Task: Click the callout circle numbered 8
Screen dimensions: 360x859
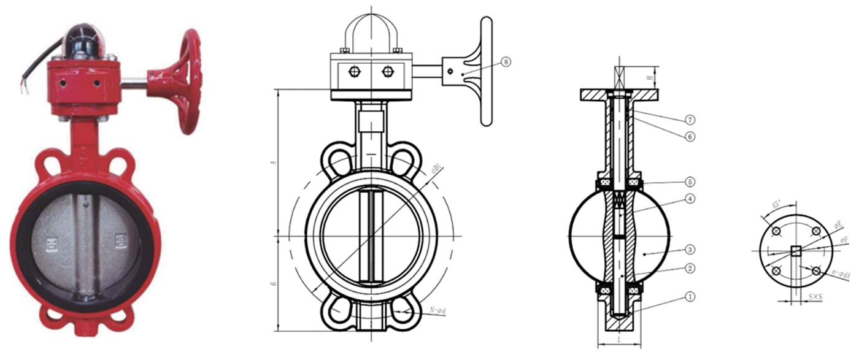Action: point(505,61)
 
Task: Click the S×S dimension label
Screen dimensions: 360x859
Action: point(815,297)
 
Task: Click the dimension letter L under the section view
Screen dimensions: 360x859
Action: point(619,339)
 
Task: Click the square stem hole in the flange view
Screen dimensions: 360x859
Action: point(796,250)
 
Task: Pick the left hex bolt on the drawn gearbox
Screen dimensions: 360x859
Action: point(355,72)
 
